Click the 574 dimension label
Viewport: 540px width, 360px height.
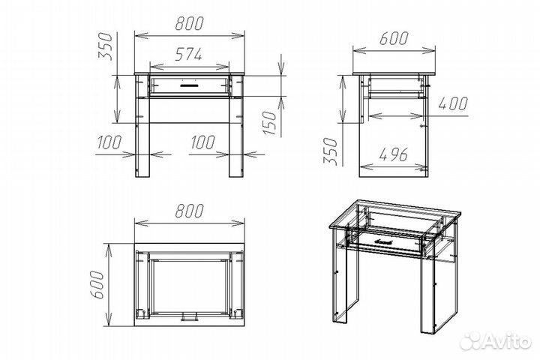coord(188,55)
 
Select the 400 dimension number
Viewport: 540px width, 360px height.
coord(453,103)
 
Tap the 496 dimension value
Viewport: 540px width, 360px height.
coord(393,154)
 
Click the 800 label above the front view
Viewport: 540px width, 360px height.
coord(190,23)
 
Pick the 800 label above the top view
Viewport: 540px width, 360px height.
coord(190,211)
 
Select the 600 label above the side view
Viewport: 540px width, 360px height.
coord(394,38)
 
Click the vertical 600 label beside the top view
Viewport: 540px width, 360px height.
coord(97,284)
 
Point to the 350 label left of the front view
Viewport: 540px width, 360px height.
coord(106,46)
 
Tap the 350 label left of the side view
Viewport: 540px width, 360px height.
coord(330,151)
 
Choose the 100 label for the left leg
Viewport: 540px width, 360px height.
coord(109,142)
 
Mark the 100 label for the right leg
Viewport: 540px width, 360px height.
coord(202,142)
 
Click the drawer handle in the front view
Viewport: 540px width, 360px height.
coord(189,84)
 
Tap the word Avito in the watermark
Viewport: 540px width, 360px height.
coord(508,341)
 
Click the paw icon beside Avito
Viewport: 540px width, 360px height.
coord(472,341)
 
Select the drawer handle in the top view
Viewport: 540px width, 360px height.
coord(189,317)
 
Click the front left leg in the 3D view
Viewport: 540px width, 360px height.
coord(346,275)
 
